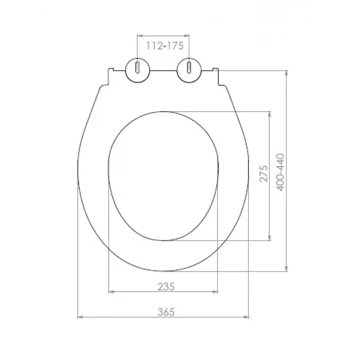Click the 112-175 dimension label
click(x=165, y=46)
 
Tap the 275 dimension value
click(x=264, y=174)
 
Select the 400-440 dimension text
click(x=280, y=172)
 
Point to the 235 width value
click(x=166, y=286)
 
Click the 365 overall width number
click(x=166, y=312)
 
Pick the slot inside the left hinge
click(x=137, y=67)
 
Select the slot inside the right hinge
click(x=189, y=67)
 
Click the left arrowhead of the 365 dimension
click(x=80, y=317)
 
